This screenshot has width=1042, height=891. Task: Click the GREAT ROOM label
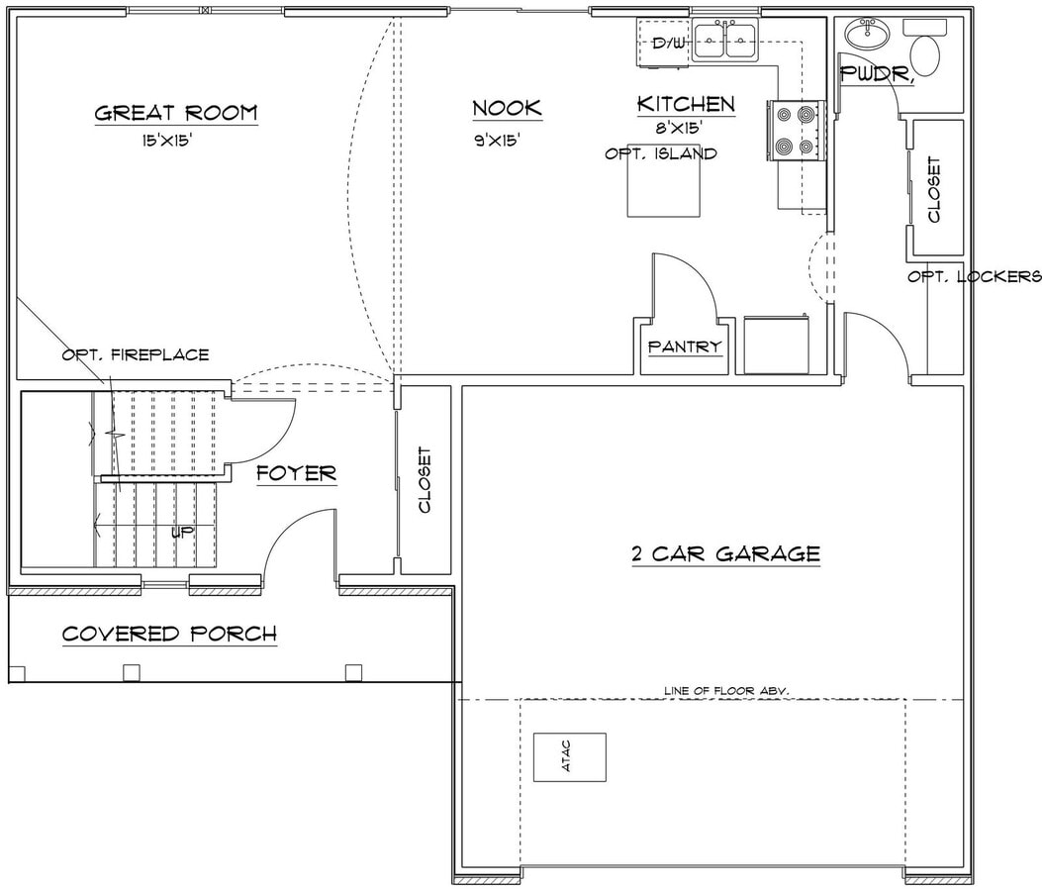pos(175,113)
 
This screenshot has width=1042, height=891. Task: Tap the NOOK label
pos(507,109)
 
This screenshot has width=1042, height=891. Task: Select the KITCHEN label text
pos(685,104)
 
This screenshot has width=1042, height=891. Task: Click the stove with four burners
pos(795,130)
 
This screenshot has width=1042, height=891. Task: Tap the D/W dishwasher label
pos(668,44)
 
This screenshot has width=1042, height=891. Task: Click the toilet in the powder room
pos(925,55)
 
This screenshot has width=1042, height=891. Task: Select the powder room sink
pos(868,35)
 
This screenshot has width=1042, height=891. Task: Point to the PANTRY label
pos(685,347)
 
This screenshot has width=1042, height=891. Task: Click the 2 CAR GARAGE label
pos(726,553)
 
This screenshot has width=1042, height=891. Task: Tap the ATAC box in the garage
pos(569,757)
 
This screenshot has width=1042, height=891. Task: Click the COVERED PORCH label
pos(169,634)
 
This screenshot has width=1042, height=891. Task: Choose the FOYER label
pos(296,474)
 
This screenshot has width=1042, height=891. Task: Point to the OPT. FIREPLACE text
pos(135,354)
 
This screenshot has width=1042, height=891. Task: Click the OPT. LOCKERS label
pos(974,277)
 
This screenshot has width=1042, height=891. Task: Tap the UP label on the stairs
pos(182,532)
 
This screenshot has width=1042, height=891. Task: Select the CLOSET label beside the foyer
pos(426,480)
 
